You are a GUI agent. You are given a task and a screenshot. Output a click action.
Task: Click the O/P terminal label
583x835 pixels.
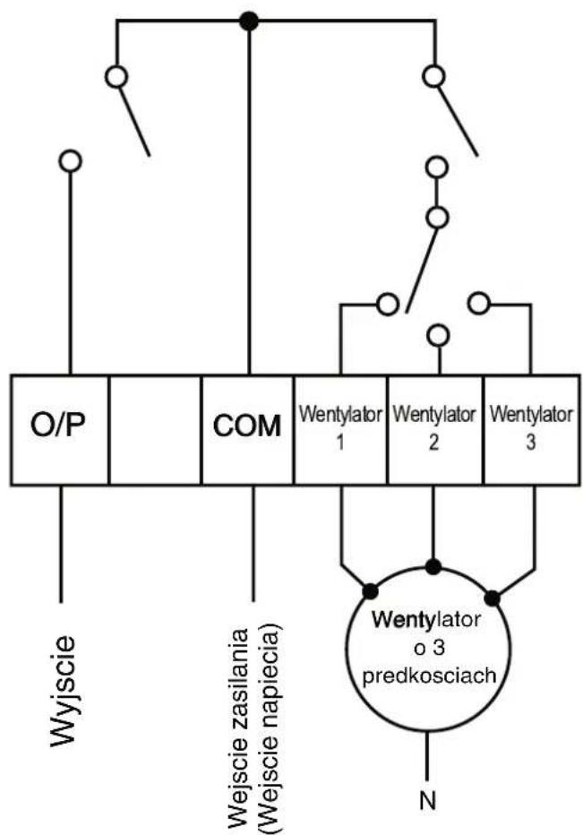(58, 426)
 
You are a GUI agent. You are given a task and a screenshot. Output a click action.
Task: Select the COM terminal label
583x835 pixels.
(246, 426)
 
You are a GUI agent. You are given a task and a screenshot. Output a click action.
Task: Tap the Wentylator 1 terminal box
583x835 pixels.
(340, 430)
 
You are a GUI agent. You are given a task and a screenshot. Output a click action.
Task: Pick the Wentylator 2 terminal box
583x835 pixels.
(435, 430)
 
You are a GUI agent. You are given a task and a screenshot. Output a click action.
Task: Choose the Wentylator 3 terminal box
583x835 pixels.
(531, 430)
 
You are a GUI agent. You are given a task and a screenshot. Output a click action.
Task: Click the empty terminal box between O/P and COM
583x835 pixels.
(155, 430)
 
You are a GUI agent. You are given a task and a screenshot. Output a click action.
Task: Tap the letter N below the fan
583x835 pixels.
(428, 800)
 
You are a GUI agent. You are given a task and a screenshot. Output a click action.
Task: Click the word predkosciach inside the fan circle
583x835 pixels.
(429, 676)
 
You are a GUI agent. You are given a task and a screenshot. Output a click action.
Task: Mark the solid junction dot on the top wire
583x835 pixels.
(248, 22)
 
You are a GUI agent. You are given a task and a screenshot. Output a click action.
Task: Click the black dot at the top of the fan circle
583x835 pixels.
(433, 566)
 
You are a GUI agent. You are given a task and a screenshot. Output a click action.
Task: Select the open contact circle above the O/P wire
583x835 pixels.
(70, 160)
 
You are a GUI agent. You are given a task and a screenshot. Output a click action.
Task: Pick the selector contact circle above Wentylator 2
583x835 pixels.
(439, 336)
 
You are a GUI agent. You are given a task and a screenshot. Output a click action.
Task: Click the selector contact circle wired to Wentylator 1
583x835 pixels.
(387, 304)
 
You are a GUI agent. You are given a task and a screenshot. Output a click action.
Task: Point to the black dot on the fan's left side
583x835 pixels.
(370, 591)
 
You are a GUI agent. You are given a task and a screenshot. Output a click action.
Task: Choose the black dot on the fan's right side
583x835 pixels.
(493, 598)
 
